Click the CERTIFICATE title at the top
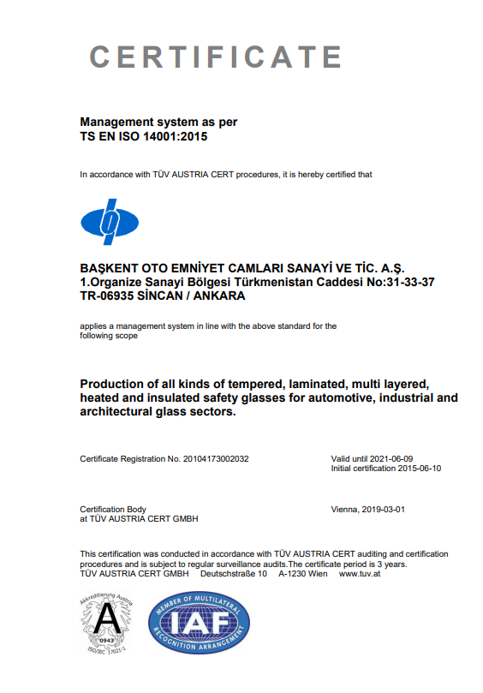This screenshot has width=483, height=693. click(x=217, y=57)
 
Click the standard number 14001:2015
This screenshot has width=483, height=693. click(x=170, y=136)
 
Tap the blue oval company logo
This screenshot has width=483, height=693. click(x=110, y=222)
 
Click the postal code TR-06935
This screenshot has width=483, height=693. click(x=107, y=296)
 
